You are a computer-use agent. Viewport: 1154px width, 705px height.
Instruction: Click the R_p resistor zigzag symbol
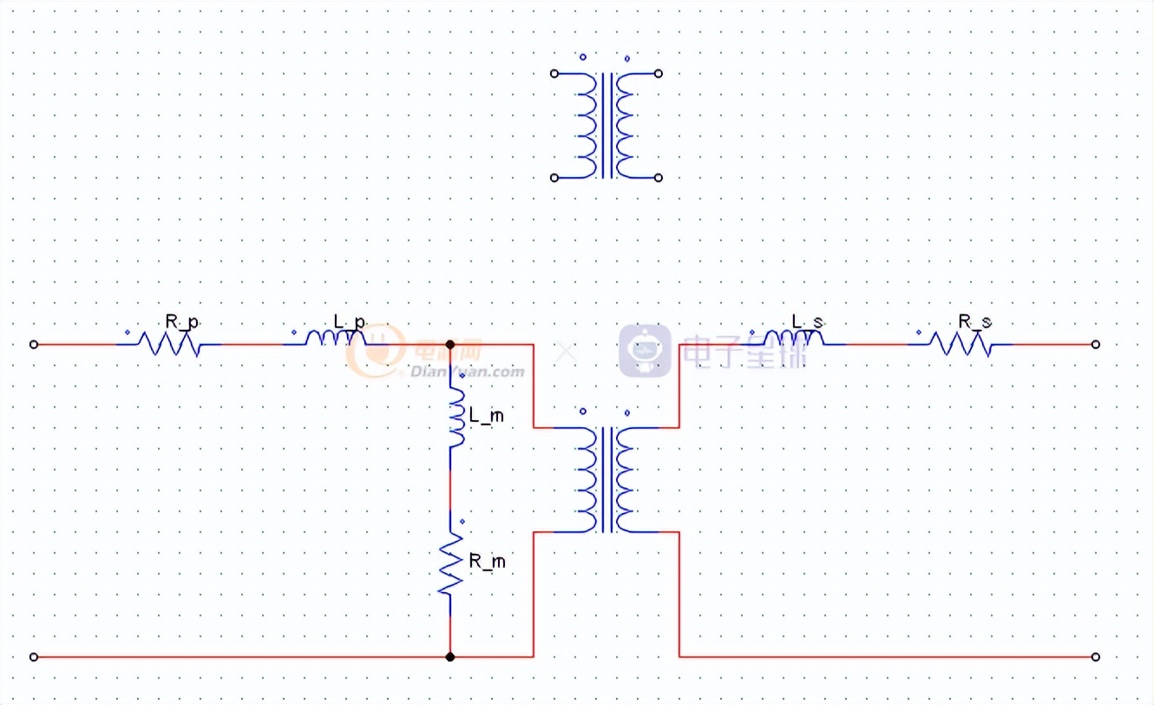click(x=169, y=345)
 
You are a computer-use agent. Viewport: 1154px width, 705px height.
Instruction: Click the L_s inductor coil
click(x=793, y=339)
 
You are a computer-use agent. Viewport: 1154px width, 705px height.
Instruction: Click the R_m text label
click(x=487, y=562)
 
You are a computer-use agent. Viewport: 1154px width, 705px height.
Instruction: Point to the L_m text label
click(x=486, y=417)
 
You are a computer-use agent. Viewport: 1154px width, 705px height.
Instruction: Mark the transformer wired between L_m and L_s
click(x=607, y=479)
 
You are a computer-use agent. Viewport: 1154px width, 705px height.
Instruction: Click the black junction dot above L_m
click(x=450, y=345)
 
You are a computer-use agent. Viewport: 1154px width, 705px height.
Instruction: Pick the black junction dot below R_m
click(x=450, y=657)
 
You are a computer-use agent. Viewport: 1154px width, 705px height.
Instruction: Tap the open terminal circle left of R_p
click(x=34, y=345)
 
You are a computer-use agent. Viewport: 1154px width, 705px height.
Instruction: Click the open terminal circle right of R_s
click(x=1096, y=345)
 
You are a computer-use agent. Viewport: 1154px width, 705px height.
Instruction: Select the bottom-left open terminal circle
click(x=34, y=657)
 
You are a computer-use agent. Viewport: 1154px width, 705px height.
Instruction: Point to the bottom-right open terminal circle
click(x=1096, y=657)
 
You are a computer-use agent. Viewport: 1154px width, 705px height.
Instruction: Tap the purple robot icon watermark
click(x=645, y=350)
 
